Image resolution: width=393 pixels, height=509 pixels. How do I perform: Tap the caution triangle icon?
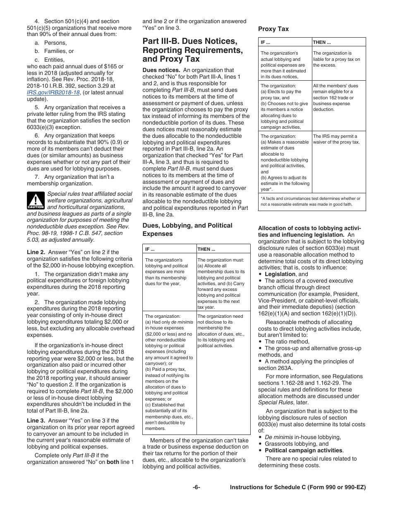[x=36, y=200]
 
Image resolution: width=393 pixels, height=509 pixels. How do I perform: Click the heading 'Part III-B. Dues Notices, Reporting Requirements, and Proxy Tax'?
[x=192, y=50]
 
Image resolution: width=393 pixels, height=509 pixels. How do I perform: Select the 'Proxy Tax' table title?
[x=273, y=29]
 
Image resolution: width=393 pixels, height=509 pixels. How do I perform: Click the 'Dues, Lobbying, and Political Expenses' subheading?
[x=187, y=230]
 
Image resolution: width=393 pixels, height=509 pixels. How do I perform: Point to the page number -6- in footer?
[x=196, y=487]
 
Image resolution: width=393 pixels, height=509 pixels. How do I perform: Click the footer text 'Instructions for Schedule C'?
[x=297, y=487]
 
